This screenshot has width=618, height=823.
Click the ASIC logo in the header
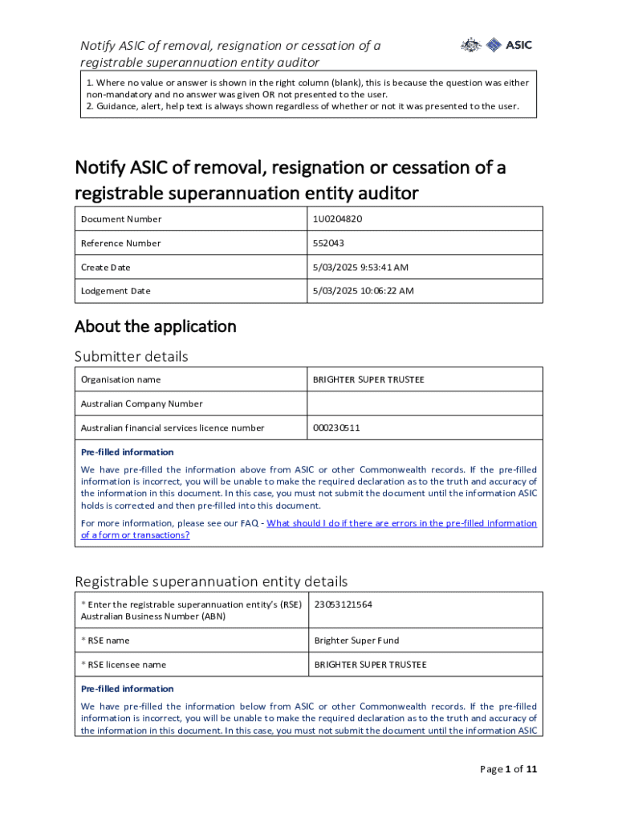click(496, 46)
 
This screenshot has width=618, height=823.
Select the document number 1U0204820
click(342, 219)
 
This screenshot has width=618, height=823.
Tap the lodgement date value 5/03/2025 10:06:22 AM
click(364, 291)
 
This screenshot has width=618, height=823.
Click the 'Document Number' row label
click(121, 219)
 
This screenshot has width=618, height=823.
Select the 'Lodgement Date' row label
click(116, 291)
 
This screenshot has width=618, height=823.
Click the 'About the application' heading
click(156, 326)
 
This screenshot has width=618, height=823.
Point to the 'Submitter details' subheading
click(132, 356)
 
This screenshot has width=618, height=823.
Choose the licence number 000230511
click(337, 428)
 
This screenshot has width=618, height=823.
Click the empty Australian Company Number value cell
click(425, 403)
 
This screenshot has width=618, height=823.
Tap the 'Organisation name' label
click(120, 380)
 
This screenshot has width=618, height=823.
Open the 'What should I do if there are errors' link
click(401, 523)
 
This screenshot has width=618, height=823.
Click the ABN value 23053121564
click(343, 605)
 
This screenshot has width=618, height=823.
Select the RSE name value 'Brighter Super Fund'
click(356, 641)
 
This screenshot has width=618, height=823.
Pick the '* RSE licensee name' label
click(124, 665)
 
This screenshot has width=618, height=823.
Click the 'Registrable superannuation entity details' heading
click(211, 581)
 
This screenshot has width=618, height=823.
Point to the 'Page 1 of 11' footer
click(508, 769)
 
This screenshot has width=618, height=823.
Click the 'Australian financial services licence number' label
click(173, 428)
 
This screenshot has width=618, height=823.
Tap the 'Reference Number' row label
click(120, 244)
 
